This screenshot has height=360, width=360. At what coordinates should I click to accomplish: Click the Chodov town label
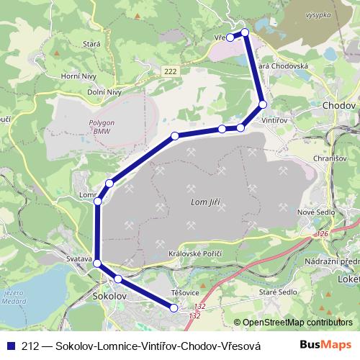(x=340, y=105)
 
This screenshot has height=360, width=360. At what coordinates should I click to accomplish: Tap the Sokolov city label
(x=110, y=296)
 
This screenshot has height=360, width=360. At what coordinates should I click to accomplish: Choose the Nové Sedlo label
(x=315, y=213)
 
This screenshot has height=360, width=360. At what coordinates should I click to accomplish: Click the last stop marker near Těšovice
(x=174, y=308)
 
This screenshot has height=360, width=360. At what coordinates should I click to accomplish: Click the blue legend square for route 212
(x=9, y=346)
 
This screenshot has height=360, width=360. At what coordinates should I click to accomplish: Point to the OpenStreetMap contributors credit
(x=297, y=323)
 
